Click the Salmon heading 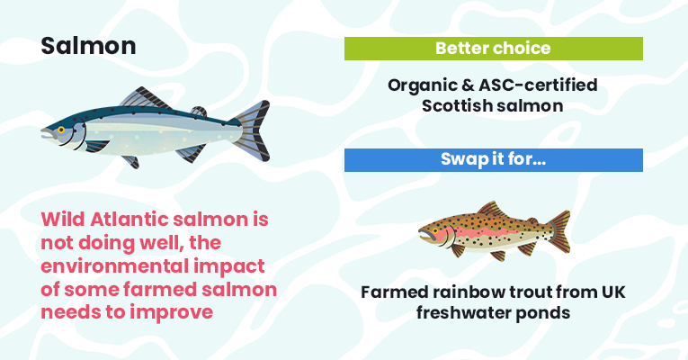(88, 46)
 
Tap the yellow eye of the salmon (61, 130)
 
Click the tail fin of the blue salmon (254, 130)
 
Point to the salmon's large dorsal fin (145, 98)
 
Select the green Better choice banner (493, 49)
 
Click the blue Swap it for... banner (493, 160)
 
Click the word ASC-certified (538, 85)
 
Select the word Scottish (451, 106)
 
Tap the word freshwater (462, 313)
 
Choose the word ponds (543, 313)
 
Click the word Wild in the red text (63, 219)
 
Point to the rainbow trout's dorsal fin (492, 210)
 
